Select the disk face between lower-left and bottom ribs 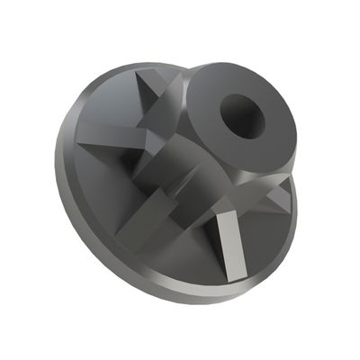pyautogui.click(x=175, y=256)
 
